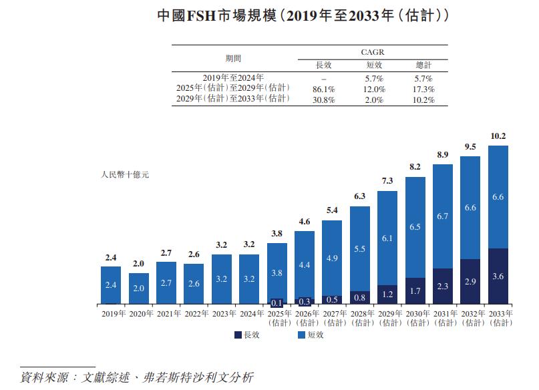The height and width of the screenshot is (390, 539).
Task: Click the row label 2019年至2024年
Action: tap(233, 78)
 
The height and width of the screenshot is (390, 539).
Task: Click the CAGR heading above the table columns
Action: tap(373, 51)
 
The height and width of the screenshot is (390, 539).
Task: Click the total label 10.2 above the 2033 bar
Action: tap(498, 136)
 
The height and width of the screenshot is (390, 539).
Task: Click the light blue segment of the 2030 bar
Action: tap(415, 227)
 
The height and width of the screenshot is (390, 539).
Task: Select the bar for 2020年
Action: tap(139, 288)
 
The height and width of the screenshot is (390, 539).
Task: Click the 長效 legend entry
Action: tap(247, 335)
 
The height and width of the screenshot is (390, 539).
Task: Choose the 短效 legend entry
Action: tap(311, 335)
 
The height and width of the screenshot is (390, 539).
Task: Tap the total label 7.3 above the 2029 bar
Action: tap(388, 181)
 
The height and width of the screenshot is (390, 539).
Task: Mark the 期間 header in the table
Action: tap(233, 58)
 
